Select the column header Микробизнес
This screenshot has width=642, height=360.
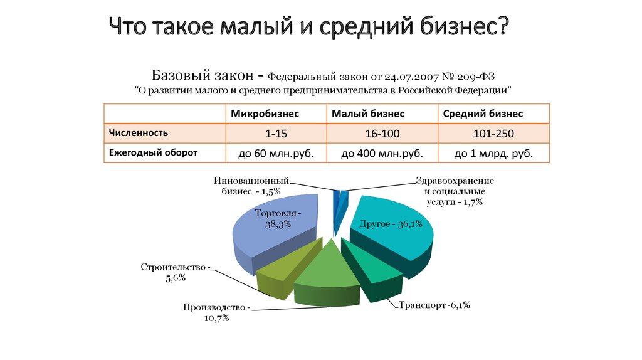click(265, 114)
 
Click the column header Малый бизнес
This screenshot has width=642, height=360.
click(368, 114)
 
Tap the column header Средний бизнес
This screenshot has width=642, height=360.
click(483, 114)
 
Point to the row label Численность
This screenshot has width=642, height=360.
click(139, 133)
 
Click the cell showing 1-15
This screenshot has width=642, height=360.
click(276, 134)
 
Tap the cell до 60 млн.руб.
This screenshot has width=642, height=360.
click(276, 153)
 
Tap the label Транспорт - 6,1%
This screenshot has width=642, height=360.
click(433, 305)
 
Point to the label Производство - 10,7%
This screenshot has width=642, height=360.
click(216, 313)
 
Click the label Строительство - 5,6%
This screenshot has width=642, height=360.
click(175, 273)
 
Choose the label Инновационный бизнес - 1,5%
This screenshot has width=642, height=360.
click(251, 186)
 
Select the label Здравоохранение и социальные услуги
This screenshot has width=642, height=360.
click(454, 191)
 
